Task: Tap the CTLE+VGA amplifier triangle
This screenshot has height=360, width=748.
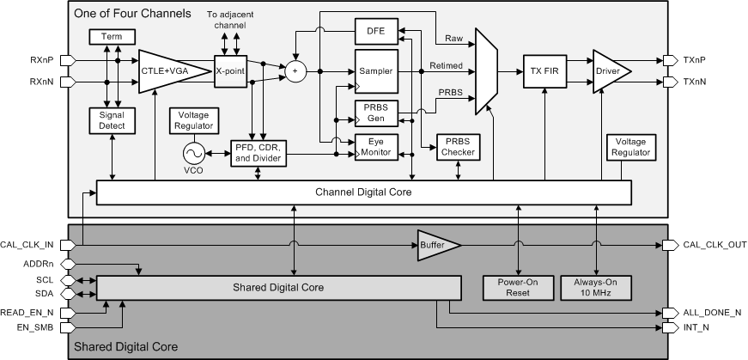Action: pyautogui.click(x=170, y=70)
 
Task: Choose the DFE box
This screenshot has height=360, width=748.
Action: pyautogui.click(x=375, y=33)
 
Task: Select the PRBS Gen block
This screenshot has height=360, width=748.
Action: pyautogui.click(x=375, y=112)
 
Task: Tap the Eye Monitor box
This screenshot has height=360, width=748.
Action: pyautogui.click(x=375, y=146)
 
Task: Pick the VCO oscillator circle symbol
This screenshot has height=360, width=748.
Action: pyautogui.click(x=191, y=153)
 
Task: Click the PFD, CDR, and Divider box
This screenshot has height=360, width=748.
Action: pyautogui.click(x=258, y=152)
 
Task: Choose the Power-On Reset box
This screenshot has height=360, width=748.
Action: pyautogui.click(x=518, y=286)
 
